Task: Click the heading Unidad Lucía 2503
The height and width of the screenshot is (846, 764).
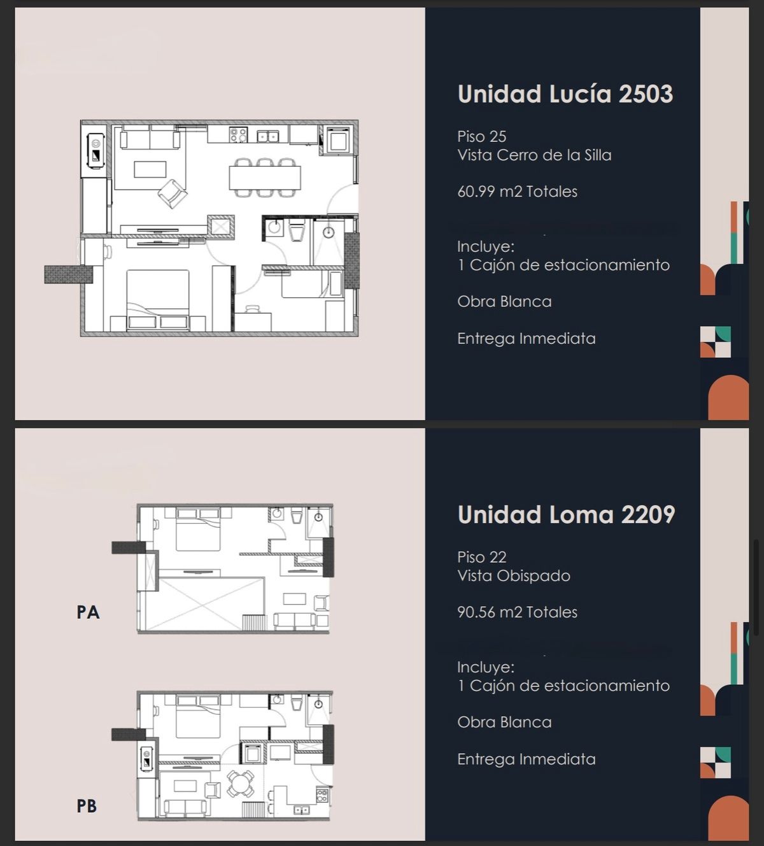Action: point(565,94)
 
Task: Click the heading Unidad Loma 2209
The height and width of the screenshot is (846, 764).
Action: point(566,514)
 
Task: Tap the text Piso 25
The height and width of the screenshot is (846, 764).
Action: point(482,136)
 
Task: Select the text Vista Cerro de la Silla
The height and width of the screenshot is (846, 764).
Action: point(535,155)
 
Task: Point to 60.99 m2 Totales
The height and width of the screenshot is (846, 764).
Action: point(517,192)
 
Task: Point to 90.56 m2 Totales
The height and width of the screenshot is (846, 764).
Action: point(517,612)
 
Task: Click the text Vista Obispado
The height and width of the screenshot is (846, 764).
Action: point(514,575)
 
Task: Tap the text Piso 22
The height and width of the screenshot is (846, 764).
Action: point(482,557)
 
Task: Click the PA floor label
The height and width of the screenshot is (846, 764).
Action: point(88,612)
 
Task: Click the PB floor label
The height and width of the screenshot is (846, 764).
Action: point(87,806)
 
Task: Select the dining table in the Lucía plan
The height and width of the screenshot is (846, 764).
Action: point(265,178)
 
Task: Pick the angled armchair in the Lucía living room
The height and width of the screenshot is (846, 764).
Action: point(173,194)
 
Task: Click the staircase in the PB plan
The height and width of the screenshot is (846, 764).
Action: point(253,810)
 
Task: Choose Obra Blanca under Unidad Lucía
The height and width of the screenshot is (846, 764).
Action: point(504,302)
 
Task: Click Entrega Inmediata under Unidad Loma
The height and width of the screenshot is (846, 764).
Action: point(527,759)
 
